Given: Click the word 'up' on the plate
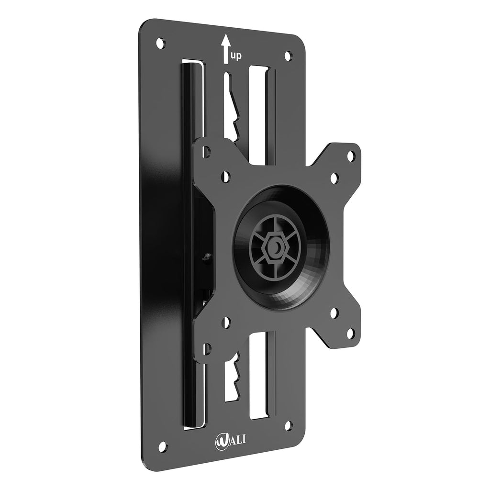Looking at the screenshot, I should (236, 56).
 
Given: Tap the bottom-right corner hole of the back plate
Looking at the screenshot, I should (288, 424).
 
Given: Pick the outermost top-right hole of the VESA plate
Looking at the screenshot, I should (351, 156).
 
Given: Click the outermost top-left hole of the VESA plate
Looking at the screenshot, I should (206, 153).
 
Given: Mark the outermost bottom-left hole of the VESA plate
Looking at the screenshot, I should (206, 348).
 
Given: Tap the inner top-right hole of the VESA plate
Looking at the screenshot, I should (334, 178).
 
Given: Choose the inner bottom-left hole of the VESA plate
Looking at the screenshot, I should (227, 321).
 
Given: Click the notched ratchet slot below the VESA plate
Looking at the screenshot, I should (233, 378).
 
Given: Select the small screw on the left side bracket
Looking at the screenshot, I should (207, 258).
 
